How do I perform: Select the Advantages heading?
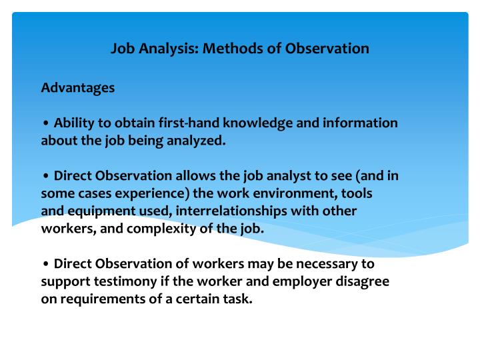(78, 88)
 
